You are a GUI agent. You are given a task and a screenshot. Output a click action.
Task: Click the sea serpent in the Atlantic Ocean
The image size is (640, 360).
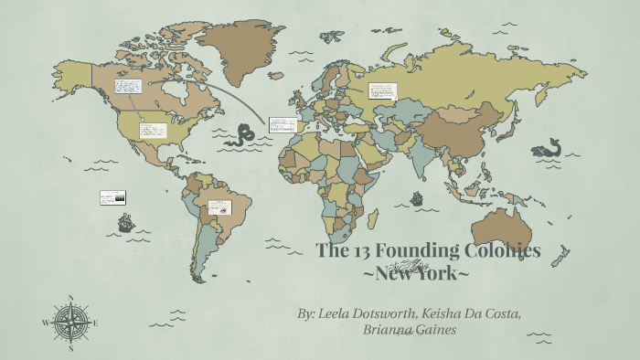[x=242, y=136]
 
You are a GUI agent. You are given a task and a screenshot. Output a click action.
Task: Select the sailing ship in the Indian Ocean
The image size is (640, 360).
[x=417, y=197]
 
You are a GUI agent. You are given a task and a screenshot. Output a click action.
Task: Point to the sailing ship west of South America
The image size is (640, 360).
[x=125, y=222]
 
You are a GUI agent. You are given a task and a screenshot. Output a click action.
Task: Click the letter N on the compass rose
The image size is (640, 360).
[x=70, y=298]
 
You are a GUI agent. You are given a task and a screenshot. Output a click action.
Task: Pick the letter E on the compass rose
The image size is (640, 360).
[x=96, y=323]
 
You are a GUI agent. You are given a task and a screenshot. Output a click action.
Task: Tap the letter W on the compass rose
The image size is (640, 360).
[x=45, y=323]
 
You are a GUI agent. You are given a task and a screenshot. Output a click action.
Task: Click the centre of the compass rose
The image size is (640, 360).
[x=70, y=323]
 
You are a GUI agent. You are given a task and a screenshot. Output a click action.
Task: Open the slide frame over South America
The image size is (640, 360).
[x=219, y=207]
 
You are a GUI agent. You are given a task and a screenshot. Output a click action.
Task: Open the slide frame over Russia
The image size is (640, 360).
[x=381, y=90]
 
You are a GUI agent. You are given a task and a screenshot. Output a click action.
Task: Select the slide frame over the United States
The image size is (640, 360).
[x=153, y=130]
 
